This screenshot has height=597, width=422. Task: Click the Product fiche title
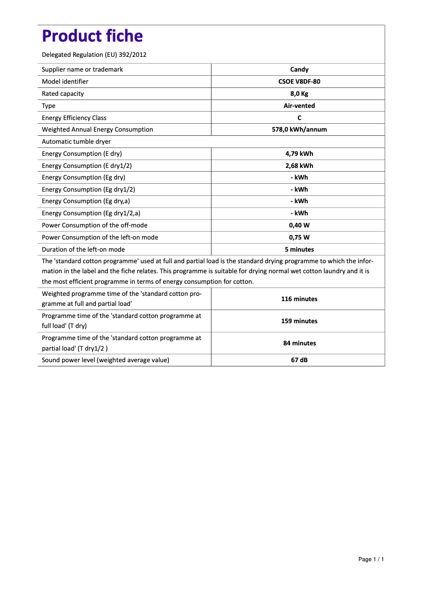[x=92, y=36]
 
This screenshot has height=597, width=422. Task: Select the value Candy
[x=299, y=69]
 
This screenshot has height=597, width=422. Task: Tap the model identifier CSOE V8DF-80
[x=299, y=82]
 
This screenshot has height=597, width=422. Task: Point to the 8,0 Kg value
[x=299, y=94]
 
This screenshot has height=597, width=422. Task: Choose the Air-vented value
[x=299, y=106]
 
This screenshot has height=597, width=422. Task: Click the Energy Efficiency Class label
[x=74, y=118]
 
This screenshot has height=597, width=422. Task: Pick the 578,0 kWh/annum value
[x=299, y=130]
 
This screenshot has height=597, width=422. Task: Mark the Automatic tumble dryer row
[x=76, y=142]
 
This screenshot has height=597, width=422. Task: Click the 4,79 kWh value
[x=299, y=154]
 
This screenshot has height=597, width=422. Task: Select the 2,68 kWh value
[x=299, y=166]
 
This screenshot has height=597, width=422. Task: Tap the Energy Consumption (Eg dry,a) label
[x=86, y=201]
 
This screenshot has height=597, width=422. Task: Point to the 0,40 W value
[x=299, y=225]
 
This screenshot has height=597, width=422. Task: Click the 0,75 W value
[x=299, y=237]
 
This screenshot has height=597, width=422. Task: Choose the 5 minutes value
[x=299, y=250]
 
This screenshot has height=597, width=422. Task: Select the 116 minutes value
[x=299, y=299]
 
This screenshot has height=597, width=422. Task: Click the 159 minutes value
[x=299, y=321]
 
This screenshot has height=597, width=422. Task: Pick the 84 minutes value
[x=299, y=343]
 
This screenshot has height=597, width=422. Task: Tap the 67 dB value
[x=299, y=360]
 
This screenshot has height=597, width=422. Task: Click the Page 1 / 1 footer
[x=371, y=559]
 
